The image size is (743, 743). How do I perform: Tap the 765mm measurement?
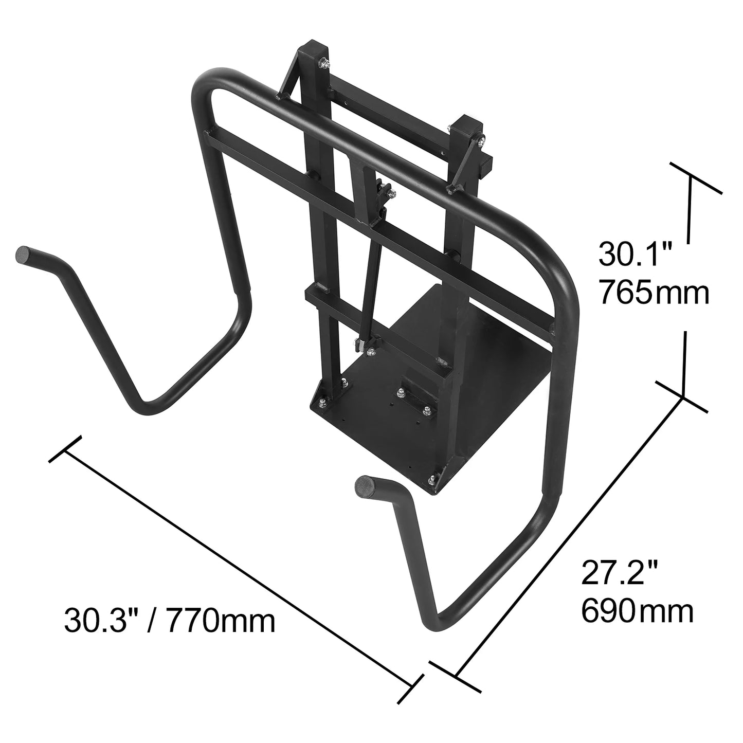tap(654, 294)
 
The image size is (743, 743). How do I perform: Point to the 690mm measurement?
tap(638, 611)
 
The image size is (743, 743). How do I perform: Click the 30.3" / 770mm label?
tap(170, 621)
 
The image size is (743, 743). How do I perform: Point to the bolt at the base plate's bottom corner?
tap(431, 479)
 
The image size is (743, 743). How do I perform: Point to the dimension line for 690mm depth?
tap(568, 535)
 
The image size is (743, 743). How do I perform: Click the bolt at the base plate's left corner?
tap(321, 403)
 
